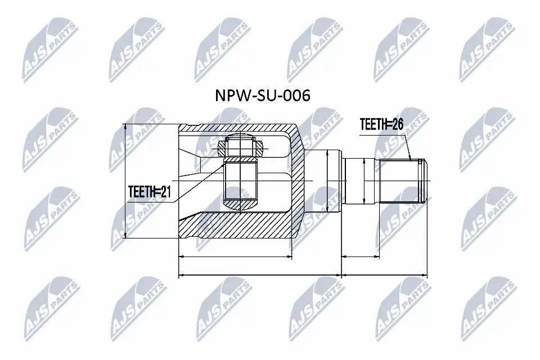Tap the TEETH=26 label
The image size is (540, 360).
click(x=382, y=125)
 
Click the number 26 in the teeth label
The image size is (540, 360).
click(x=397, y=125)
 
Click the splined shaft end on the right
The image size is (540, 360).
click(x=401, y=181)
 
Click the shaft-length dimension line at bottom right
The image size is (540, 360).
click(x=384, y=276)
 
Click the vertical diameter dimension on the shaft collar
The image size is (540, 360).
click(x=366, y=181)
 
